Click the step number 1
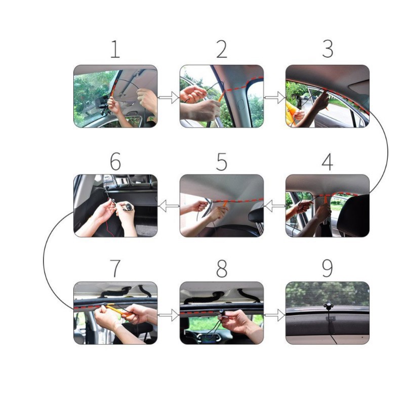(x=115, y=50)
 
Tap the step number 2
(x=222, y=50)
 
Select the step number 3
(x=328, y=50)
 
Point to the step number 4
(x=328, y=163)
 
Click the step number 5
(x=222, y=163)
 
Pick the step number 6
(x=115, y=163)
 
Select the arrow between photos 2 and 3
(x=274, y=97)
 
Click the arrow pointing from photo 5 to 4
(x=274, y=206)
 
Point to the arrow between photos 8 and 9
(x=274, y=315)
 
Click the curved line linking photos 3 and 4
(x=388, y=152)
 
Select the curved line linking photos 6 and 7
(x=44, y=258)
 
